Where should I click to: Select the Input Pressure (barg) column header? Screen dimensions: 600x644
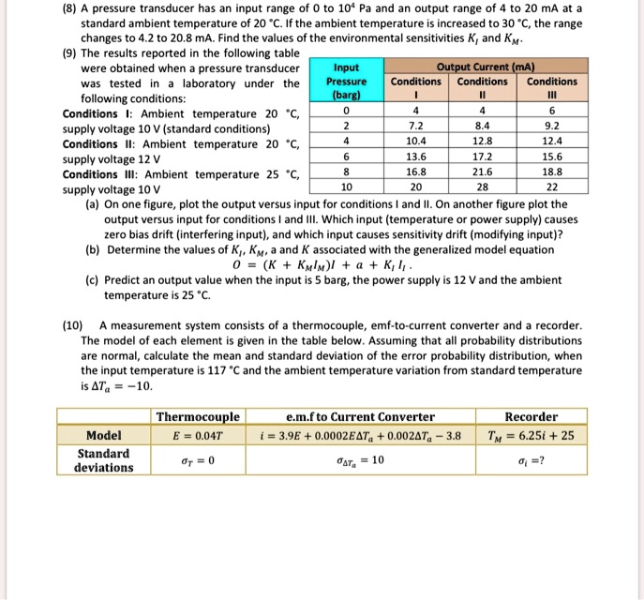[x=346, y=82]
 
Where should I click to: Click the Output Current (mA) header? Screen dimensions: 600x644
[x=481, y=67]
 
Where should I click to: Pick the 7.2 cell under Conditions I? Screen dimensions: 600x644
[x=414, y=125]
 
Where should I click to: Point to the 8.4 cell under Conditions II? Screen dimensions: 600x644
[x=481, y=125]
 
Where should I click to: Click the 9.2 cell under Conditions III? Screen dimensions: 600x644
[x=553, y=125]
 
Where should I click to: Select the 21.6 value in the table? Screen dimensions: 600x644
[x=481, y=172]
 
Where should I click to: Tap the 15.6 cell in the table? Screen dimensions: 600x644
[x=553, y=157]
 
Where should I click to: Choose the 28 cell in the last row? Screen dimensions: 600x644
[x=481, y=187]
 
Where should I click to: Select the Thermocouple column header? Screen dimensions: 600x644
[x=198, y=417]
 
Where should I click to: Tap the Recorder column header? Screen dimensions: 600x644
[x=531, y=417]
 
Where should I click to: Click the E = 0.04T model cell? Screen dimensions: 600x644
[x=198, y=435]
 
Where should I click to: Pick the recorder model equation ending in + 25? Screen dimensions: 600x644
[x=531, y=435]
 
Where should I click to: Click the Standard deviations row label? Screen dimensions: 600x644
[x=103, y=459]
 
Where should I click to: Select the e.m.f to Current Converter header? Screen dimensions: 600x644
[x=360, y=417]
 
